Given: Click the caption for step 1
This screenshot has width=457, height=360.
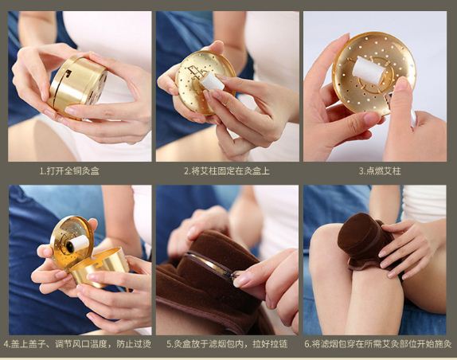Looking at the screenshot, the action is tap(69, 170).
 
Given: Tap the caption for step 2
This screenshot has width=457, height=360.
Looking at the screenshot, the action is tap(227, 170).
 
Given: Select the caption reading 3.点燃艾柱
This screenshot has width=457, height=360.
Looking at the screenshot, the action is tap(380, 170).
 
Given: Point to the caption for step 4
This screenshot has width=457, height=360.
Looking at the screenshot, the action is tap(77, 344).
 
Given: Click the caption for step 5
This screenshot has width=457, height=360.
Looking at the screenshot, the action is tap(227, 344).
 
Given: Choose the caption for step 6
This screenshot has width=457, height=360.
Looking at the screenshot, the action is tap(378, 344).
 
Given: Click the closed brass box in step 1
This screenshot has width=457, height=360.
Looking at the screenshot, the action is tap(78, 86).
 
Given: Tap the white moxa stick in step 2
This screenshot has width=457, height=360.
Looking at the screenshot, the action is tap(212, 80).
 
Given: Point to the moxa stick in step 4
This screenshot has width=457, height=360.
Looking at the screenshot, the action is tap(78, 244).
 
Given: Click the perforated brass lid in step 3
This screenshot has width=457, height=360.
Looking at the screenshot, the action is tap(374, 71).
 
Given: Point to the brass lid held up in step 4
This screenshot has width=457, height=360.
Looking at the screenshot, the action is tap(72, 241).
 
